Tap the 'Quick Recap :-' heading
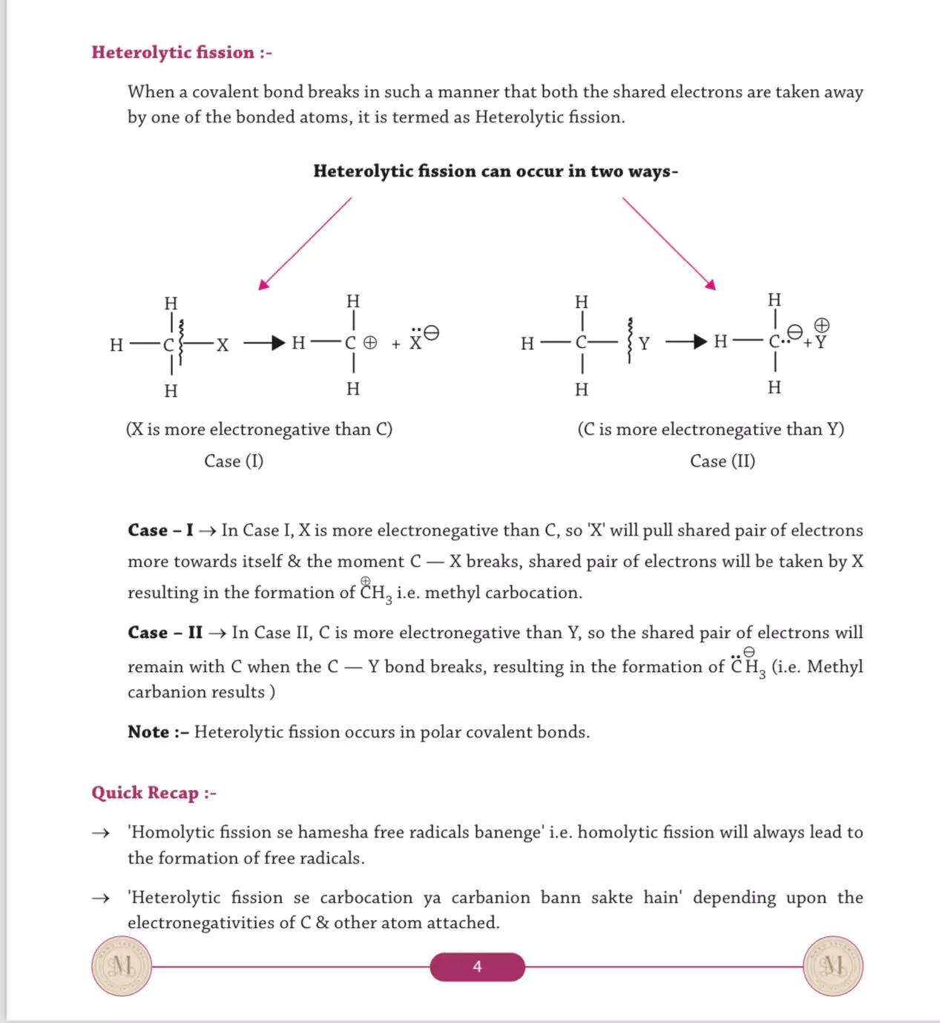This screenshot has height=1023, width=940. point(154,793)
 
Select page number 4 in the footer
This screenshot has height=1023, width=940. point(477,967)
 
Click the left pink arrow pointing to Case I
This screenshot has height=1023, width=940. point(305,243)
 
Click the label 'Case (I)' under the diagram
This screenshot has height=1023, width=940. point(234,461)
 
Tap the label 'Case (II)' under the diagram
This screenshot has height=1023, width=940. point(723,461)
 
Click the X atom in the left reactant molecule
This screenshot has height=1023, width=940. point(223,344)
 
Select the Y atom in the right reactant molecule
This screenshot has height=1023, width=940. point(644,343)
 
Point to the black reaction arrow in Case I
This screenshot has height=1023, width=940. point(265,343)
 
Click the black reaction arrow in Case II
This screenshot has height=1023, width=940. point(686,342)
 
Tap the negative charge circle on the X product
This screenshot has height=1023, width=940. point(431,333)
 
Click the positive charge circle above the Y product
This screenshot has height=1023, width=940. point(821,326)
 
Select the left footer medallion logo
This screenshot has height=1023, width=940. point(122,966)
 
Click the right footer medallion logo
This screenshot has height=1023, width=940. point(833,966)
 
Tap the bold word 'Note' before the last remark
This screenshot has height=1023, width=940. point(148,732)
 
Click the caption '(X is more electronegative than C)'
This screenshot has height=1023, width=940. point(259,430)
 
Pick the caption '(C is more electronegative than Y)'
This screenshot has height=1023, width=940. point(711,430)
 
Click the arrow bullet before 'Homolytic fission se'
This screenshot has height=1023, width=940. point(100,833)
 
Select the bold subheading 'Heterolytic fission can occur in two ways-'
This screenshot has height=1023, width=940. point(496,171)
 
